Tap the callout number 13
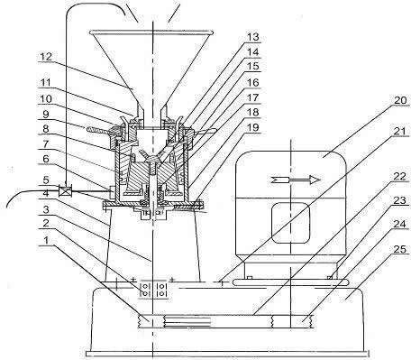(x=253, y=37)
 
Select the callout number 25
(x=399, y=249)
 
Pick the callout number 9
(x=46, y=114)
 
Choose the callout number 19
(x=253, y=127)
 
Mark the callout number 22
(x=400, y=177)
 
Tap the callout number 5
(x=46, y=180)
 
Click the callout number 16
(x=253, y=82)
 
